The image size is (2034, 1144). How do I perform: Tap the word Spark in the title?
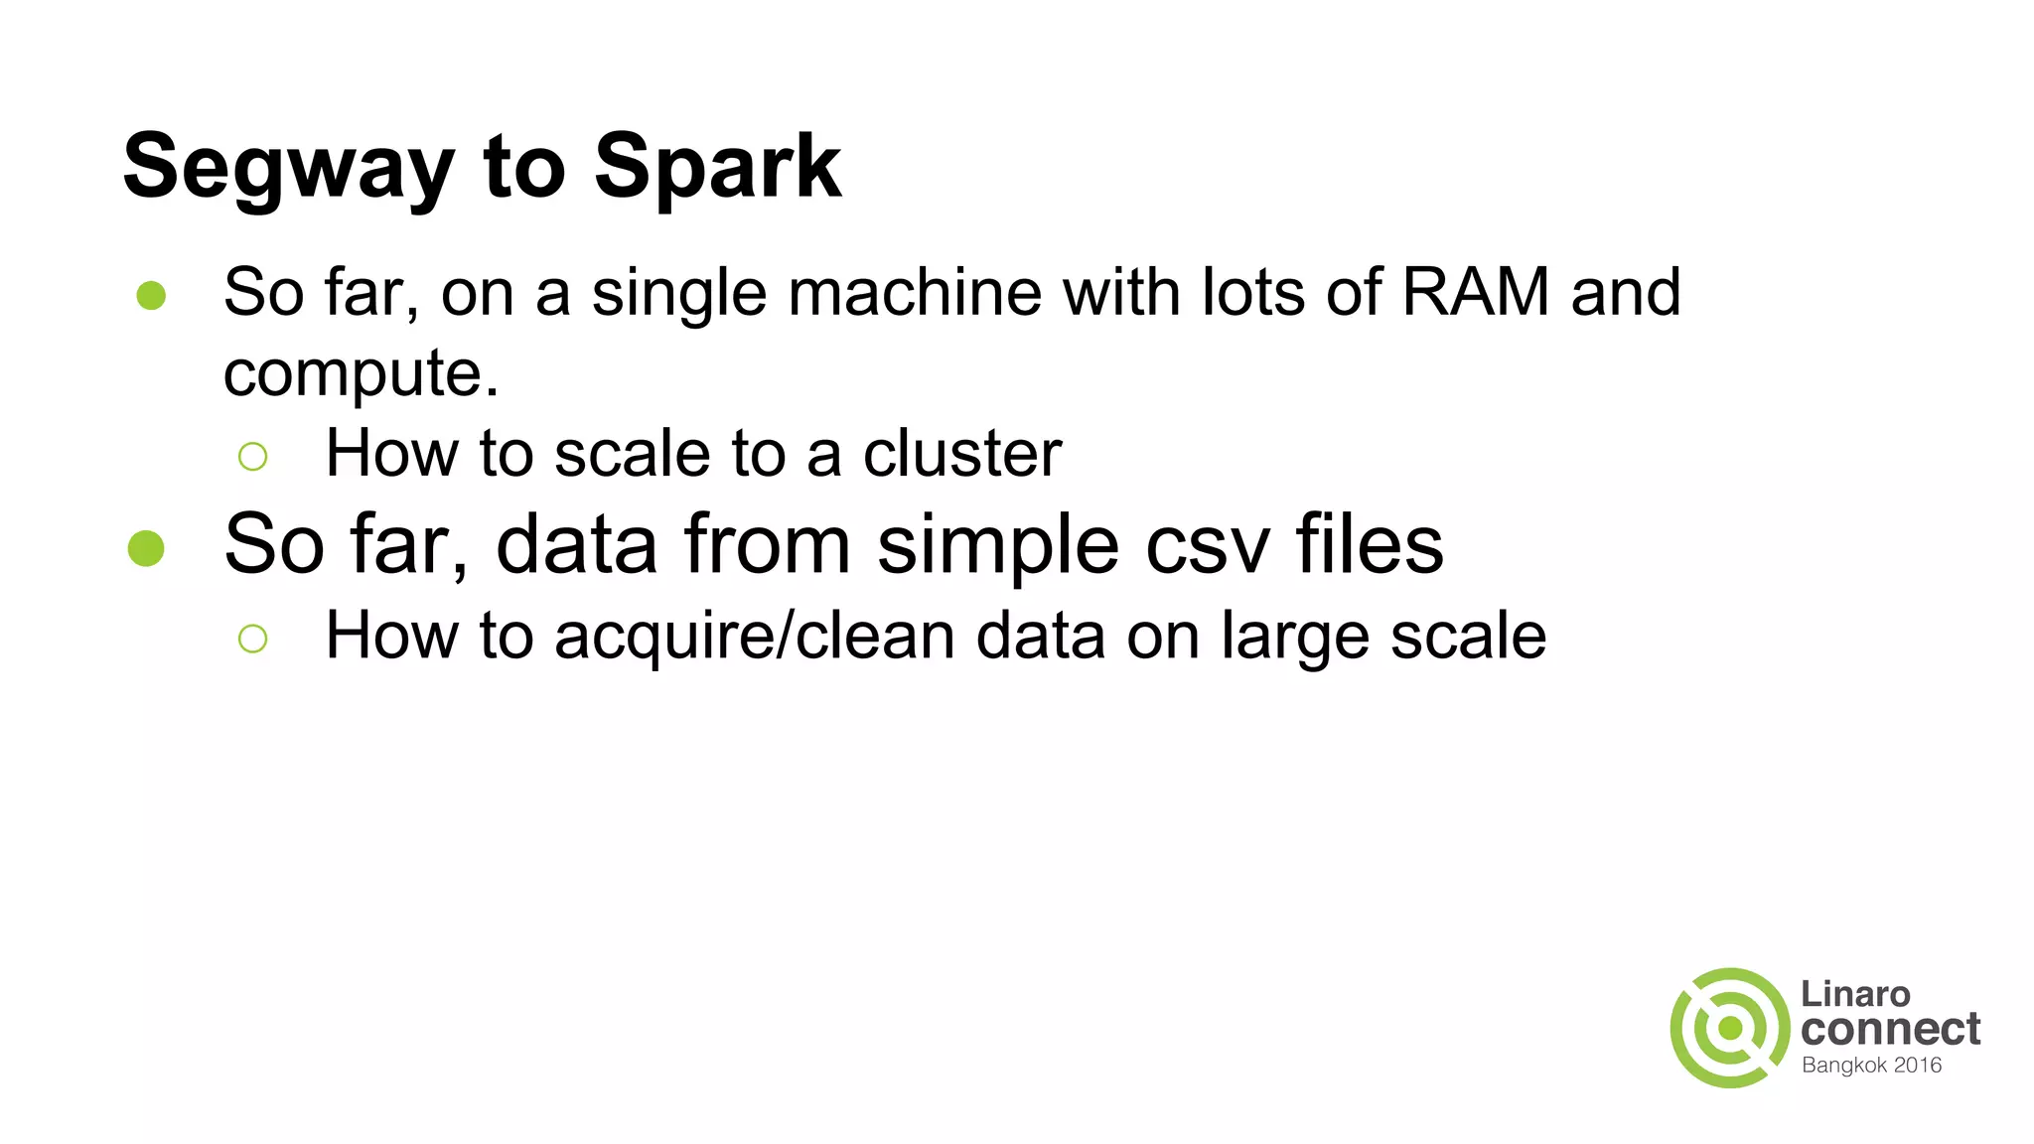point(717,167)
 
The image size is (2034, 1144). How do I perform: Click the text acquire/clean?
point(754,637)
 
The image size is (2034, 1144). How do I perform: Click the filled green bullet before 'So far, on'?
point(151,295)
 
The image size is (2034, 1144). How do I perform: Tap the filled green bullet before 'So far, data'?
point(146,548)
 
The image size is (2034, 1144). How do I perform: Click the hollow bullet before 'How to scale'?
point(253,457)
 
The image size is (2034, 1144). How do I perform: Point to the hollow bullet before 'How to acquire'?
point(253,639)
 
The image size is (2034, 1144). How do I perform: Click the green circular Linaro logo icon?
point(1729,1028)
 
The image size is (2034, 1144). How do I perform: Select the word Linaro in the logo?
point(1855,994)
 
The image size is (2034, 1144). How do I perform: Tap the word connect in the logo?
point(1890,1030)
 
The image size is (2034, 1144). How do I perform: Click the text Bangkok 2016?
point(1871,1066)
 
